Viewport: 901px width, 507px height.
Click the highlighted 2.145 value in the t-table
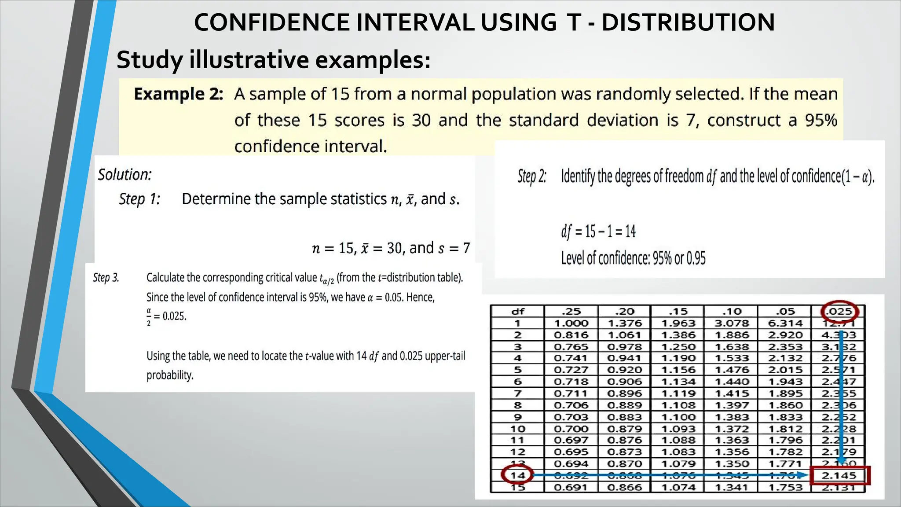[x=839, y=475]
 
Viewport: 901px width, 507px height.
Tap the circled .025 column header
[x=839, y=312]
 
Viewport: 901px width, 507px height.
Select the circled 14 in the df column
[x=518, y=475]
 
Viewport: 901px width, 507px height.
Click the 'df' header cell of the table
[x=518, y=312]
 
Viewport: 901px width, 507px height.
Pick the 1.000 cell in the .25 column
[x=571, y=323]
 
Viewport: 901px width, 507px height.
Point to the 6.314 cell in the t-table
[x=785, y=323]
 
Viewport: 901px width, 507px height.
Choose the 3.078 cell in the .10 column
[x=732, y=323]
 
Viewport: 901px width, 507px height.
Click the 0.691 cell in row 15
[x=571, y=487]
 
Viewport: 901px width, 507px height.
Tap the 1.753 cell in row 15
[x=785, y=487]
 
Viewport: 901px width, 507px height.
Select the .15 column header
[x=678, y=312]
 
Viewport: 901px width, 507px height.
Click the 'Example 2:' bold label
[x=179, y=94]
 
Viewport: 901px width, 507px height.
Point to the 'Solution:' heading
[x=125, y=175]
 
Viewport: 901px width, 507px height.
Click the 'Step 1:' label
[x=139, y=199]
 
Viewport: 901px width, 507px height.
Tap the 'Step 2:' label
[x=532, y=176]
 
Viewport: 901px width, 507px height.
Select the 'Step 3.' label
[x=106, y=278]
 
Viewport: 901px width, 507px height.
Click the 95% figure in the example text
[x=821, y=120]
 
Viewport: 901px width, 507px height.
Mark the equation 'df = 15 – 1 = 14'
[x=598, y=231]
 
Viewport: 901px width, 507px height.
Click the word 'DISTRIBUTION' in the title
[x=688, y=22]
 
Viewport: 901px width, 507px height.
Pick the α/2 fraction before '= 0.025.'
[x=149, y=316]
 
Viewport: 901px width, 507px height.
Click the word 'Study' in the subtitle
[x=149, y=60]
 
